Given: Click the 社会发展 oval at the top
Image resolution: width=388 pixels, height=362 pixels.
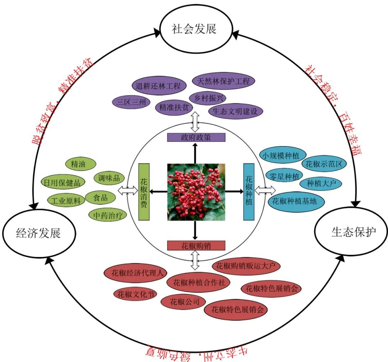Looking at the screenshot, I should point(194,29).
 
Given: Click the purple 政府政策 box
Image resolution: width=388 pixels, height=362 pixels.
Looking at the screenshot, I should point(196,137).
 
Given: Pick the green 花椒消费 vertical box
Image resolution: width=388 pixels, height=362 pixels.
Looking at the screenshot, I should point(144,191).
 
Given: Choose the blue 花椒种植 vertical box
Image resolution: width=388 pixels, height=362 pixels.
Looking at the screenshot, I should point(249,191).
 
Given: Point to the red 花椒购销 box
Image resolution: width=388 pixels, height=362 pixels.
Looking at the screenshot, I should point(196,246).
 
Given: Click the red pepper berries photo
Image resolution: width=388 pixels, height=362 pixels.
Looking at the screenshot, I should point(196,192).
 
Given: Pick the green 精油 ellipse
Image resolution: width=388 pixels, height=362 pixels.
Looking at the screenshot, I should point(80,164).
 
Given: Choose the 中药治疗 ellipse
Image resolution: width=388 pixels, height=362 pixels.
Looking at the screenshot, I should point(108,215).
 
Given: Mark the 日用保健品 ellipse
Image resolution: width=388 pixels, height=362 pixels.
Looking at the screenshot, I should point(63,182).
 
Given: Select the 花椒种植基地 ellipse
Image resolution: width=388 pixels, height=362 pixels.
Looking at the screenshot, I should point(294,201).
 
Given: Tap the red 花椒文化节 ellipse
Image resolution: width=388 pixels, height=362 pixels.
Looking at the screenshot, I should point(135,294).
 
